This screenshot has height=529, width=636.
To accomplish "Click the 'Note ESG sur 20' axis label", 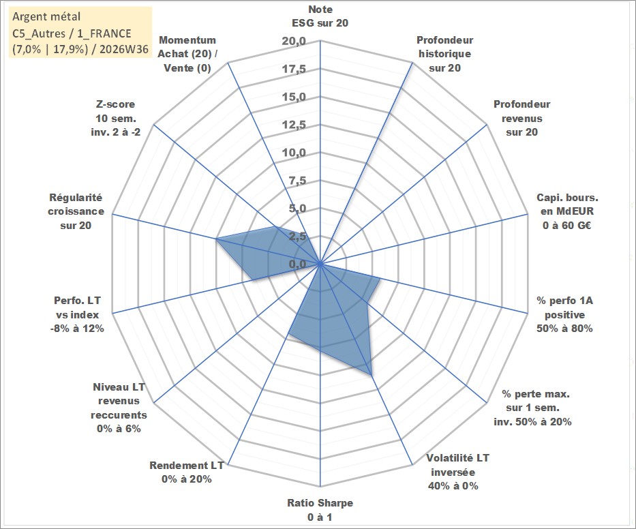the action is (320, 16).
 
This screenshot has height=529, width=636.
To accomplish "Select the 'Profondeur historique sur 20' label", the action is (444, 54).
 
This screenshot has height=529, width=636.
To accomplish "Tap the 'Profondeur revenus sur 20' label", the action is (521, 118).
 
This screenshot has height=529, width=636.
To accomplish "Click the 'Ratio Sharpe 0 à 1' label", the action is (320, 510).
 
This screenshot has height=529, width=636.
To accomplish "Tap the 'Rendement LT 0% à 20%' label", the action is (187, 472).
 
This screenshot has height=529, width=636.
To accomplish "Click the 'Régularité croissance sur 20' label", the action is (76, 211).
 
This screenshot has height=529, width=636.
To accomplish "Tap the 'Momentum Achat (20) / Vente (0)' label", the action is (187, 54).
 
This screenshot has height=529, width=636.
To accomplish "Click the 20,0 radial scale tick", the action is (294, 42).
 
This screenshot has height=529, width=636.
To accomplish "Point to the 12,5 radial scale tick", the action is (294, 125).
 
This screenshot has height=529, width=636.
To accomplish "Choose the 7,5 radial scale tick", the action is (297, 181).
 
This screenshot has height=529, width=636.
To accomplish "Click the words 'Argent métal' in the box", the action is (46, 16).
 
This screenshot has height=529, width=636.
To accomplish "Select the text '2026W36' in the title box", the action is (124, 49).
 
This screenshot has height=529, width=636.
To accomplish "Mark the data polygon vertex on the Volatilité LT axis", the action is (372, 375).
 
